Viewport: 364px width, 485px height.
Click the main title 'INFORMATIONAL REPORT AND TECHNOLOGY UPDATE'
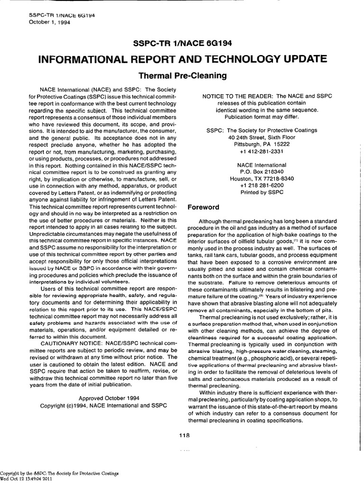click(182, 59)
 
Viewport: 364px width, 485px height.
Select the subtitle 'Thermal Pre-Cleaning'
click(182, 75)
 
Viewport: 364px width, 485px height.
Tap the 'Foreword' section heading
click(203, 207)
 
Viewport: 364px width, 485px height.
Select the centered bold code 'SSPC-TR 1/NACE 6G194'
click(182, 43)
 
